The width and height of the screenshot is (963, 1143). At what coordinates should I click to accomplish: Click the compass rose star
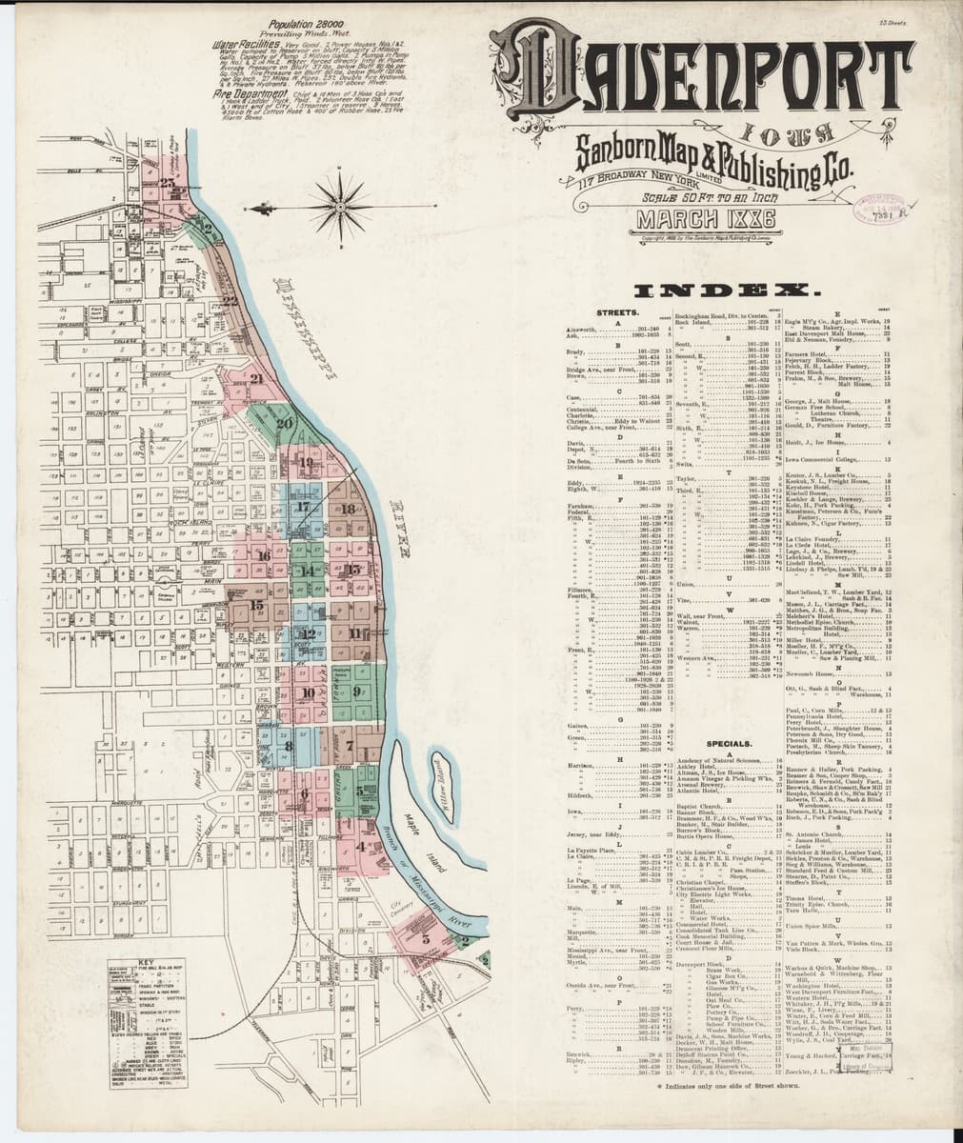point(339,200)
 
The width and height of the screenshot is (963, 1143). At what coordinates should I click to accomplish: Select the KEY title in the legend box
point(145,963)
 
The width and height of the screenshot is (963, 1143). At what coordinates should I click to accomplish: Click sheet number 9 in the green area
point(356,691)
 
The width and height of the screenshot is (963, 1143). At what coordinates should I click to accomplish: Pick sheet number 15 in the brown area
point(255,604)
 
